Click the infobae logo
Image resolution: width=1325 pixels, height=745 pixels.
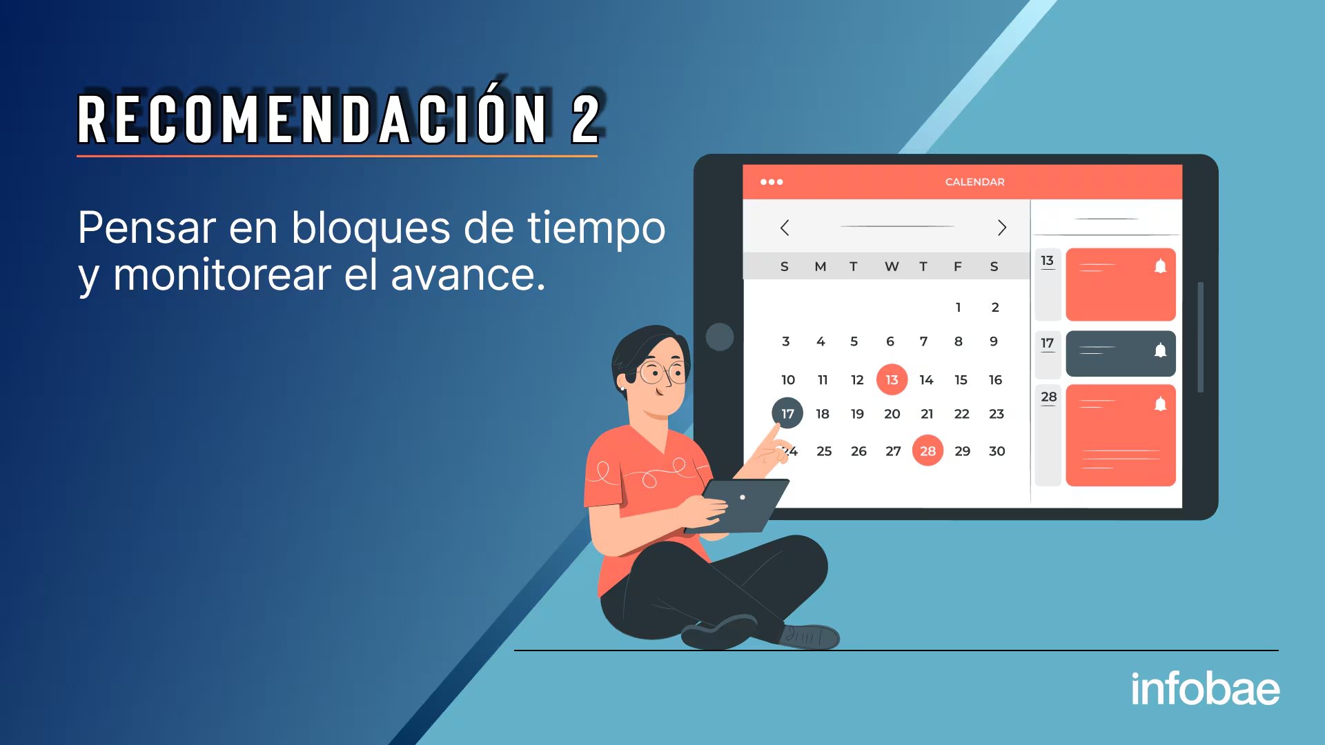pyautogui.click(x=1205, y=688)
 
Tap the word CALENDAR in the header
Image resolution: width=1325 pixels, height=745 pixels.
pyautogui.click(x=974, y=182)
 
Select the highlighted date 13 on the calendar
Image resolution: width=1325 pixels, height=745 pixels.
pyautogui.click(x=892, y=379)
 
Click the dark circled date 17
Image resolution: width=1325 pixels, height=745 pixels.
pyautogui.click(x=787, y=413)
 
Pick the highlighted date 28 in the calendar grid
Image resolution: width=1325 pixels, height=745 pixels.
pyautogui.click(x=927, y=450)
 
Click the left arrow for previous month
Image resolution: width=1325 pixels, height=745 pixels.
pyautogui.click(x=785, y=228)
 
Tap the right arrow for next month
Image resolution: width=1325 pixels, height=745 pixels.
pyautogui.click(x=1002, y=228)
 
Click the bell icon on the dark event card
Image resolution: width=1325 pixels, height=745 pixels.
pyautogui.click(x=1161, y=350)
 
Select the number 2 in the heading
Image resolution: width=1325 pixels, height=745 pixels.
pyautogui.click(x=585, y=119)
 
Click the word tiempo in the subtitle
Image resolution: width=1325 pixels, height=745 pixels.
pyautogui.click(x=596, y=228)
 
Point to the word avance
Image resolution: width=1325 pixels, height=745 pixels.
pyautogui.click(x=468, y=275)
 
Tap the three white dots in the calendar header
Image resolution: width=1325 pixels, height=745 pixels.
pyautogui.click(x=772, y=182)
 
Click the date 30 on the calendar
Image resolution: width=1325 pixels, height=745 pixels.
pyautogui.click(x=997, y=451)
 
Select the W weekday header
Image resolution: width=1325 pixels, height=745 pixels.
pyautogui.click(x=892, y=267)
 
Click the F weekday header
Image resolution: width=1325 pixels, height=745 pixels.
pyautogui.click(x=958, y=267)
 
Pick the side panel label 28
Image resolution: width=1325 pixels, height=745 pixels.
pyautogui.click(x=1048, y=397)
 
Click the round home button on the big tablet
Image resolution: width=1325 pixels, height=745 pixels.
pyautogui.click(x=720, y=337)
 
